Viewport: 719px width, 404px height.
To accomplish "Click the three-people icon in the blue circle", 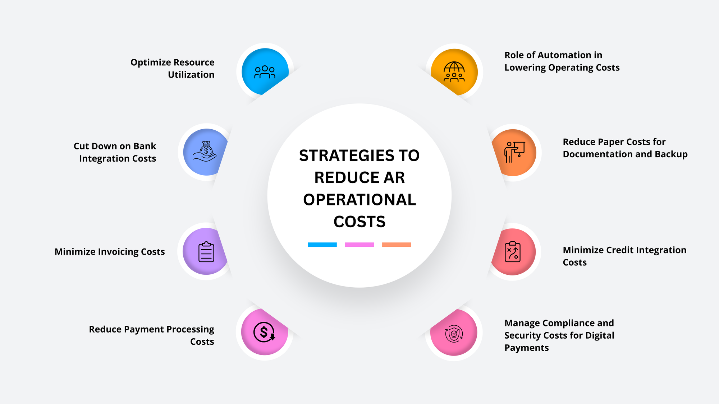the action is (x=265, y=72).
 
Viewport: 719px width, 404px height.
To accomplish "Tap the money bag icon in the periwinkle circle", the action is (x=205, y=151).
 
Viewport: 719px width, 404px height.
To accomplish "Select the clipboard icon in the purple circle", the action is (x=206, y=252).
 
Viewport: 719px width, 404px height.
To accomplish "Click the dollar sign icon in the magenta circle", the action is (x=264, y=332).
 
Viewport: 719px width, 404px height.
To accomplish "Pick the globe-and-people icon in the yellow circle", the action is (x=454, y=72).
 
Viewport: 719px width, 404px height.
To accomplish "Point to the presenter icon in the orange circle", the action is (x=514, y=152).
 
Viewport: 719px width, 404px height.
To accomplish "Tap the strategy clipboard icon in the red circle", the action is (x=513, y=252).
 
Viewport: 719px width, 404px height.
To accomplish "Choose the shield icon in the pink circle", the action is (x=454, y=334).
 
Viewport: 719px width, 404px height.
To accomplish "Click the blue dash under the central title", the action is (x=322, y=245).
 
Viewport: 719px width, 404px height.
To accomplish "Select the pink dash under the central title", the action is (x=359, y=245).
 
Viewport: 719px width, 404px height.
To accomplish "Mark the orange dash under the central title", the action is (x=397, y=245).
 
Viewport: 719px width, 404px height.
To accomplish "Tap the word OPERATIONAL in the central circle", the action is (x=359, y=200).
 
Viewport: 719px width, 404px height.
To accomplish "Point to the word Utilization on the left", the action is (x=191, y=75).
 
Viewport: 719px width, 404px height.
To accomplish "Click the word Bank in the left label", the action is (x=145, y=146).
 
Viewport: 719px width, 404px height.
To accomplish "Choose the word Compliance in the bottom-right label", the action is (x=571, y=323).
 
